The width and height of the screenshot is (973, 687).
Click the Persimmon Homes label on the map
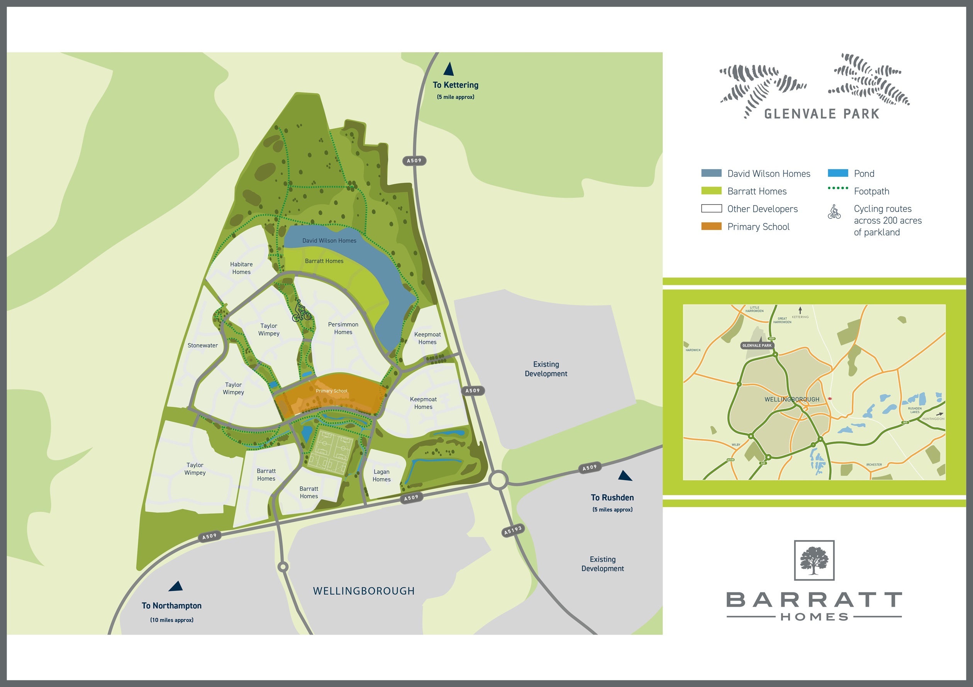tap(343, 328)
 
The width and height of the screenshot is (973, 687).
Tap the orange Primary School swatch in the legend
tap(711, 226)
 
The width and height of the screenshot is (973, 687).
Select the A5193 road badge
tap(513, 530)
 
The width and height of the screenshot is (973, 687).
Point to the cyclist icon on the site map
tap(301, 311)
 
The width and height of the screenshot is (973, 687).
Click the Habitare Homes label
tap(241, 268)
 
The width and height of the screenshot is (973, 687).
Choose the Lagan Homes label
tap(381, 475)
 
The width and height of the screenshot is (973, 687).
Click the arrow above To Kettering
tap(449, 69)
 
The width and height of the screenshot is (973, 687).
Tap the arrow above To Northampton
tap(176, 586)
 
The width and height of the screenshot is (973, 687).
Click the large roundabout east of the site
tap(498, 480)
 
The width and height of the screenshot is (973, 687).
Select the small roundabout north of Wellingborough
tap(283, 567)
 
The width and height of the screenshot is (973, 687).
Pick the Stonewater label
tap(203, 345)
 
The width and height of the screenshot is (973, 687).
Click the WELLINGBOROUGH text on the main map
tap(364, 591)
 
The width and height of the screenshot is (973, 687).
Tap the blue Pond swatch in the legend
tap(838, 173)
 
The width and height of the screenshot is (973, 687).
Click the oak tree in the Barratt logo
tap(814, 560)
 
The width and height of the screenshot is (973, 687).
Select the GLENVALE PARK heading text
tap(822, 114)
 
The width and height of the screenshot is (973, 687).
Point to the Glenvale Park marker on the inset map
tap(757, 345)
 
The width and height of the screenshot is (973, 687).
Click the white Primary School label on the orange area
tap(331, 391)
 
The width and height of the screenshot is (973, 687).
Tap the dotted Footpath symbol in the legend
tap(838, 188)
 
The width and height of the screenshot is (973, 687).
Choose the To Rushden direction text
tap(612, 497)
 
